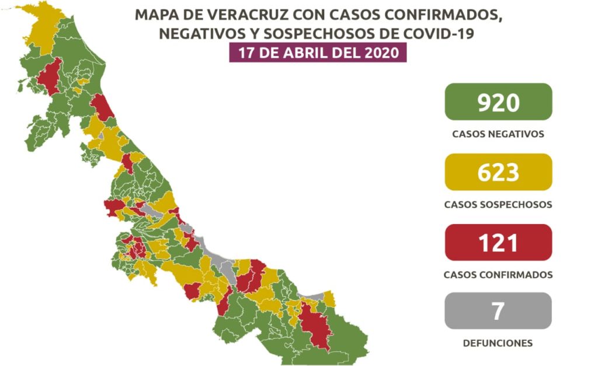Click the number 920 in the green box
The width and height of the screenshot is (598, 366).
coord(498,102)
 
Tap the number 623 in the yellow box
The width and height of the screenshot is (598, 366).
coord(498,172)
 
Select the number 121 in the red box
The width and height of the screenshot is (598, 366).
coord(498,242)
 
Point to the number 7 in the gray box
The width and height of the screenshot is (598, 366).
coord(498,311)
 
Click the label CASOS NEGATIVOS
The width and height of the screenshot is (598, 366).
coord(498,134)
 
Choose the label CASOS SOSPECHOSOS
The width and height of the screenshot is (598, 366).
coord(498,205)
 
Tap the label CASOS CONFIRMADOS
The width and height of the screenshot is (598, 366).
coord(498,274)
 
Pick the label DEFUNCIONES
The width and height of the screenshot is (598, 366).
coord(498,343)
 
